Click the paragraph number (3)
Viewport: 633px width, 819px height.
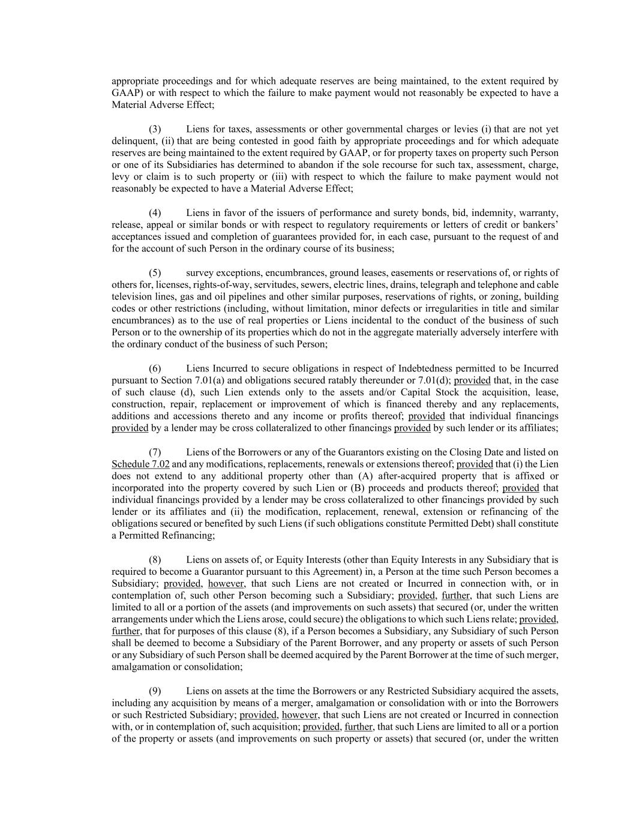coord(155,129)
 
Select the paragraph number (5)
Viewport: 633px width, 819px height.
coord(155,272)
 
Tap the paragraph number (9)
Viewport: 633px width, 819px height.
coord(155,691)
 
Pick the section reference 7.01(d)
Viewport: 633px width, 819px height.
coord(431,380)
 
